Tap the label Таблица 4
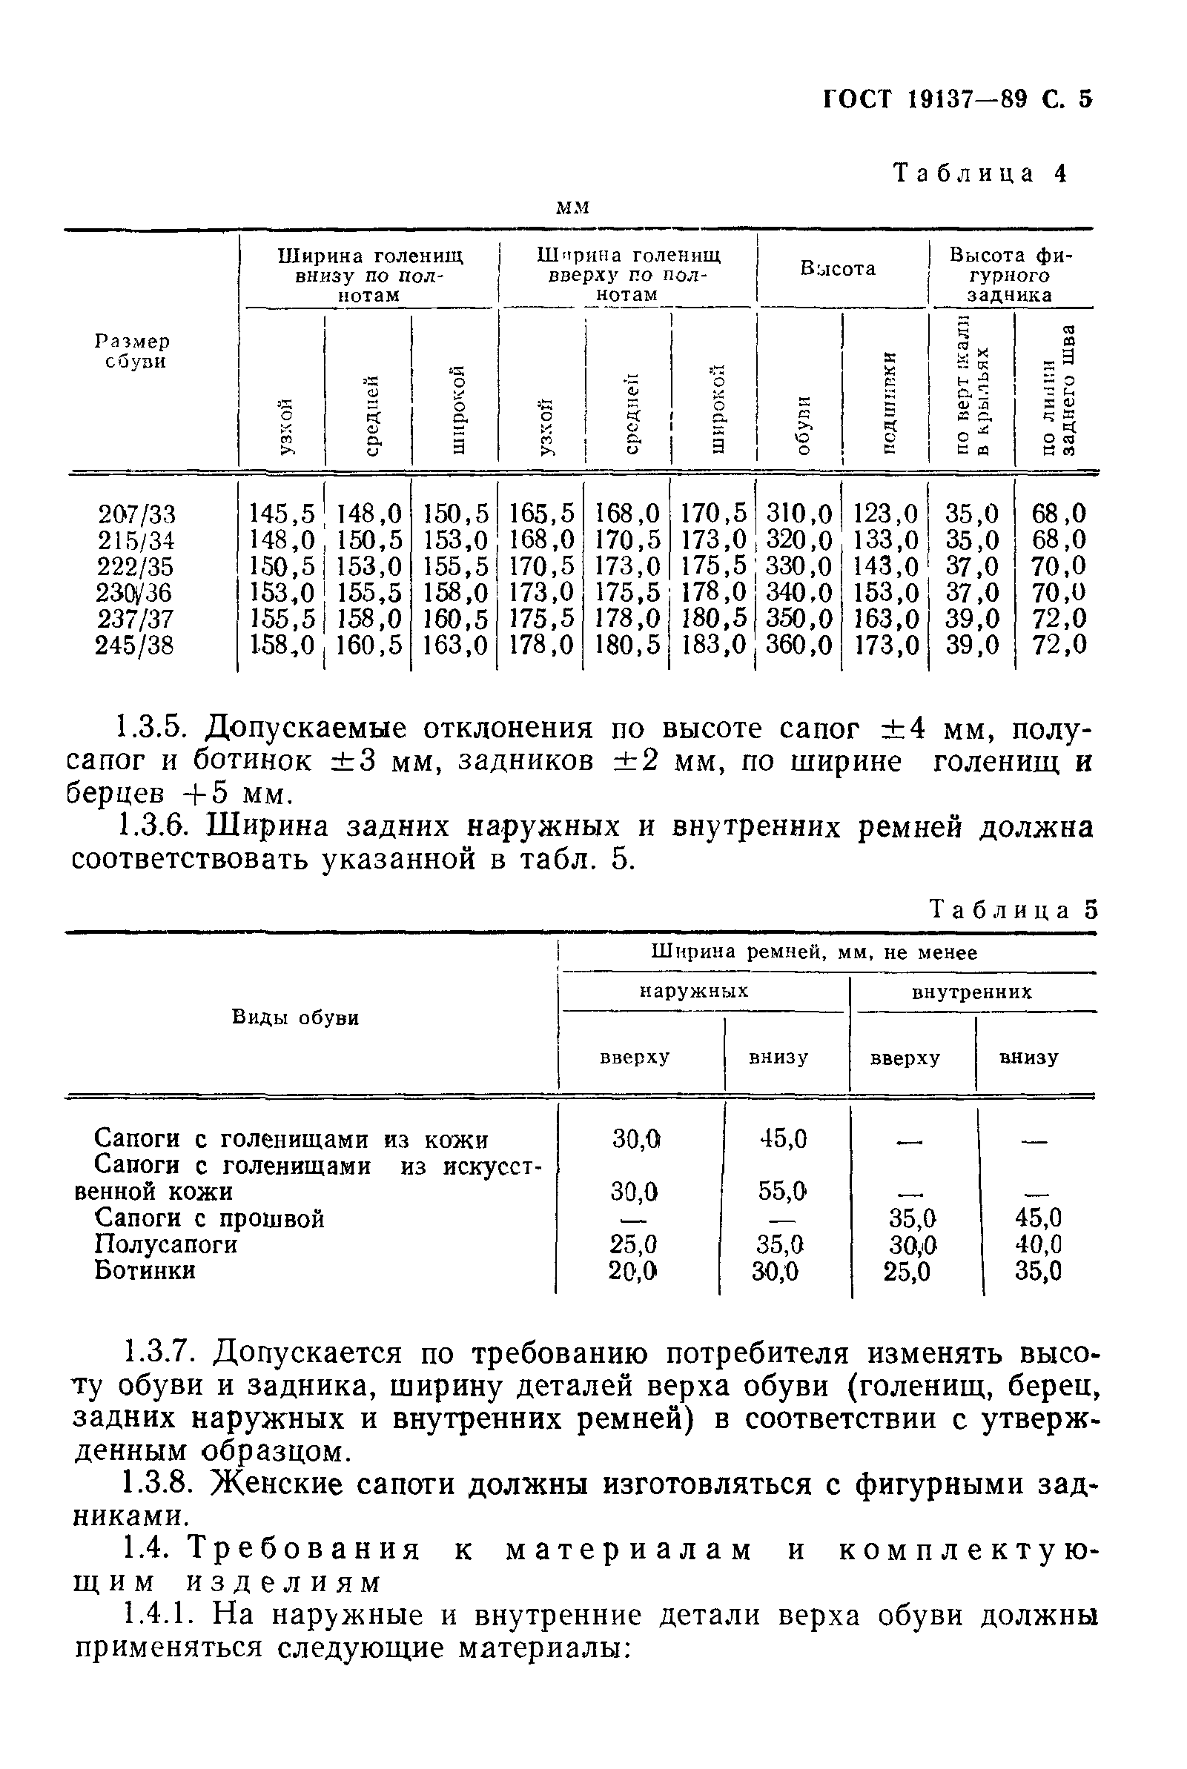[x=980, y=173]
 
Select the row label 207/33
[x=136, y=514]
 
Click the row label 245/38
[x=134, y=645]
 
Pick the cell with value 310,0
[x=799, y=514]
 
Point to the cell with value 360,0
[x=799, y=645]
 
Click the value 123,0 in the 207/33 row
[x=885, y=514]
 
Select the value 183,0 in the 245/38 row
[x=713, y=645]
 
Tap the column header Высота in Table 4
[x=838, y=268]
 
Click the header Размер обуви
[x=133, y=351]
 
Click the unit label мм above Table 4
[x=573, y=208]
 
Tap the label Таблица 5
[x=1013, y=909]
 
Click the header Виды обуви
[x=295, y=1018]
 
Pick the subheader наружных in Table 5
[x=693, y=991]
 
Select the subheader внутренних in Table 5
[x=971, y=992]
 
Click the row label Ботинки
[x=145, y=1270]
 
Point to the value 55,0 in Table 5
[x=782, y=1192]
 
